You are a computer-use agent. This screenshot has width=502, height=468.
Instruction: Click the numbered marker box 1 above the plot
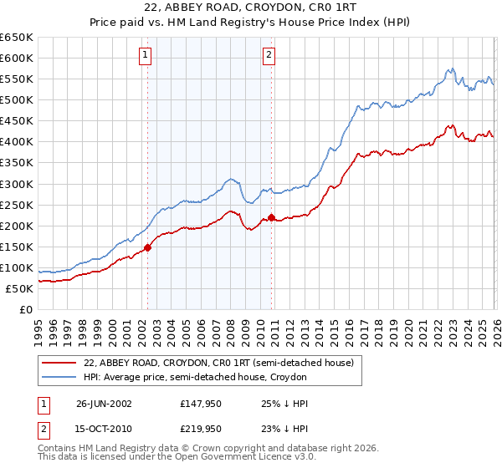[x=145, y=56]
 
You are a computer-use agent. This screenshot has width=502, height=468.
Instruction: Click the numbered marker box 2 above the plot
[x=269, y=56]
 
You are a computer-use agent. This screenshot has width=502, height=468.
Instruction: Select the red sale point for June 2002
[x=148, y=247]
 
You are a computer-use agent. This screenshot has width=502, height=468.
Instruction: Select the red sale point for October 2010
[x=271, y=217]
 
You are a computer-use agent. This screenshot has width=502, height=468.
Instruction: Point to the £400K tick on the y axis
[x=17, y=141]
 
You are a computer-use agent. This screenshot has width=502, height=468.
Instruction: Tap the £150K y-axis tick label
[x=17, y=247]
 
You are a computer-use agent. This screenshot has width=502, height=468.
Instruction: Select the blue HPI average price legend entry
[x=196, y=377]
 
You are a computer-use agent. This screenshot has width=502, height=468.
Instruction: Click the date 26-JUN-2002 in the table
[x=104, y=403]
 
